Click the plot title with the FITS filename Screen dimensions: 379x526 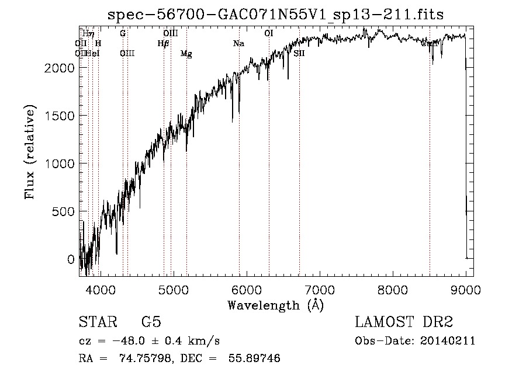click(x=276, y=15)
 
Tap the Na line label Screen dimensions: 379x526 click(x=238, y=44)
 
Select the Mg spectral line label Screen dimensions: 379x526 click(x=186, y=54)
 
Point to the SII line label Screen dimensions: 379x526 click(x=299, y=53)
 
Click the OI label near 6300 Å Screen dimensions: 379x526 click(x=268, y=33)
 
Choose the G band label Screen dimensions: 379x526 click(x=123, y=33)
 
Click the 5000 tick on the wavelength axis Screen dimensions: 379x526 click(x=173, y=289)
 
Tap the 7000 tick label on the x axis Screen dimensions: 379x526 click(x=320, y=289)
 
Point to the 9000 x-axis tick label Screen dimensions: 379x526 click(x=466, y=289)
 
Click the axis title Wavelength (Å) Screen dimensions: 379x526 click(x=275, y=305)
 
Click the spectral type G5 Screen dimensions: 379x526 click(x=151, y=322)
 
